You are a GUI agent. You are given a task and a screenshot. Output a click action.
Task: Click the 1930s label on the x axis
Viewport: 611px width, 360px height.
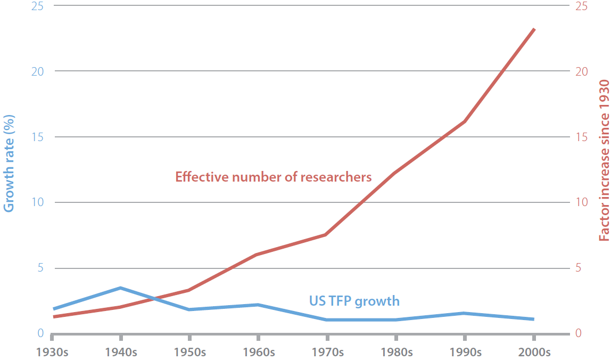pos(52,352)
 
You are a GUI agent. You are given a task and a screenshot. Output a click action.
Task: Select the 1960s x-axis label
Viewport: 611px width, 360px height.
pos(259,352)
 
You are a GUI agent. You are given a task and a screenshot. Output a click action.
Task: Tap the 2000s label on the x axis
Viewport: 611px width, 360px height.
pos(534,352)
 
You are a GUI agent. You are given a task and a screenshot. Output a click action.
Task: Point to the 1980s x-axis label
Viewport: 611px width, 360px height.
pos(397,352)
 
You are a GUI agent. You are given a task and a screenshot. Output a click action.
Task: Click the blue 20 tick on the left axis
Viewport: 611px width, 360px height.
pos(37,71)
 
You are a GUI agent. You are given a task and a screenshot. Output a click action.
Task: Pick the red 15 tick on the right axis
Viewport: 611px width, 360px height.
pos(581,137)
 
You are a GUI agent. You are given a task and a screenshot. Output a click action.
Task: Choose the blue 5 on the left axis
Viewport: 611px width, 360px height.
pos(40,268)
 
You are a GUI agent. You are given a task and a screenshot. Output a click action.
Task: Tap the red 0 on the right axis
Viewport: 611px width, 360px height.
pos(579,333)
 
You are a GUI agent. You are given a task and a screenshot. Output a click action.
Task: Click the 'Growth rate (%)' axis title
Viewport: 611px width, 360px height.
pos(9,163)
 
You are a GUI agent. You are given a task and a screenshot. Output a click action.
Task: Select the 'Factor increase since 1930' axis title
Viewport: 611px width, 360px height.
pos(604,160)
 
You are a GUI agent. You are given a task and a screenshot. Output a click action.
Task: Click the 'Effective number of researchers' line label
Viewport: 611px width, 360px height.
pos(273,177)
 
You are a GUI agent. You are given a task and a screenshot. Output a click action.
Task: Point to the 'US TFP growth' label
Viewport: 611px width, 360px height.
pos(354,301)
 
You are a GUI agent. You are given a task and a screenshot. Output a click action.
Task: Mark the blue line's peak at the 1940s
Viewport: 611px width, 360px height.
pos(121,288)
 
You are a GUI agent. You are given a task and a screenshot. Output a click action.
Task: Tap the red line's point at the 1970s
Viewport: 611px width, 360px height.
pos(325,234)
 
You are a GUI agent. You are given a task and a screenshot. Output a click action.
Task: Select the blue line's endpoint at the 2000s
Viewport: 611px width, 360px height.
pos(533,319)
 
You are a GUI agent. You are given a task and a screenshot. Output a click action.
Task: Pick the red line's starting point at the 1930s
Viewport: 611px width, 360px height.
pos(54,317)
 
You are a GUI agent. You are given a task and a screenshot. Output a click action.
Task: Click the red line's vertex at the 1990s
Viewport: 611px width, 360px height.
pos(465,122)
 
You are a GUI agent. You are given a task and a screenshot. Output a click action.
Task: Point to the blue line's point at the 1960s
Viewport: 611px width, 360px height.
pos(258,305)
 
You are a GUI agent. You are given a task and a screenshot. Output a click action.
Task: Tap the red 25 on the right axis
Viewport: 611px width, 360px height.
pos(581,6)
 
